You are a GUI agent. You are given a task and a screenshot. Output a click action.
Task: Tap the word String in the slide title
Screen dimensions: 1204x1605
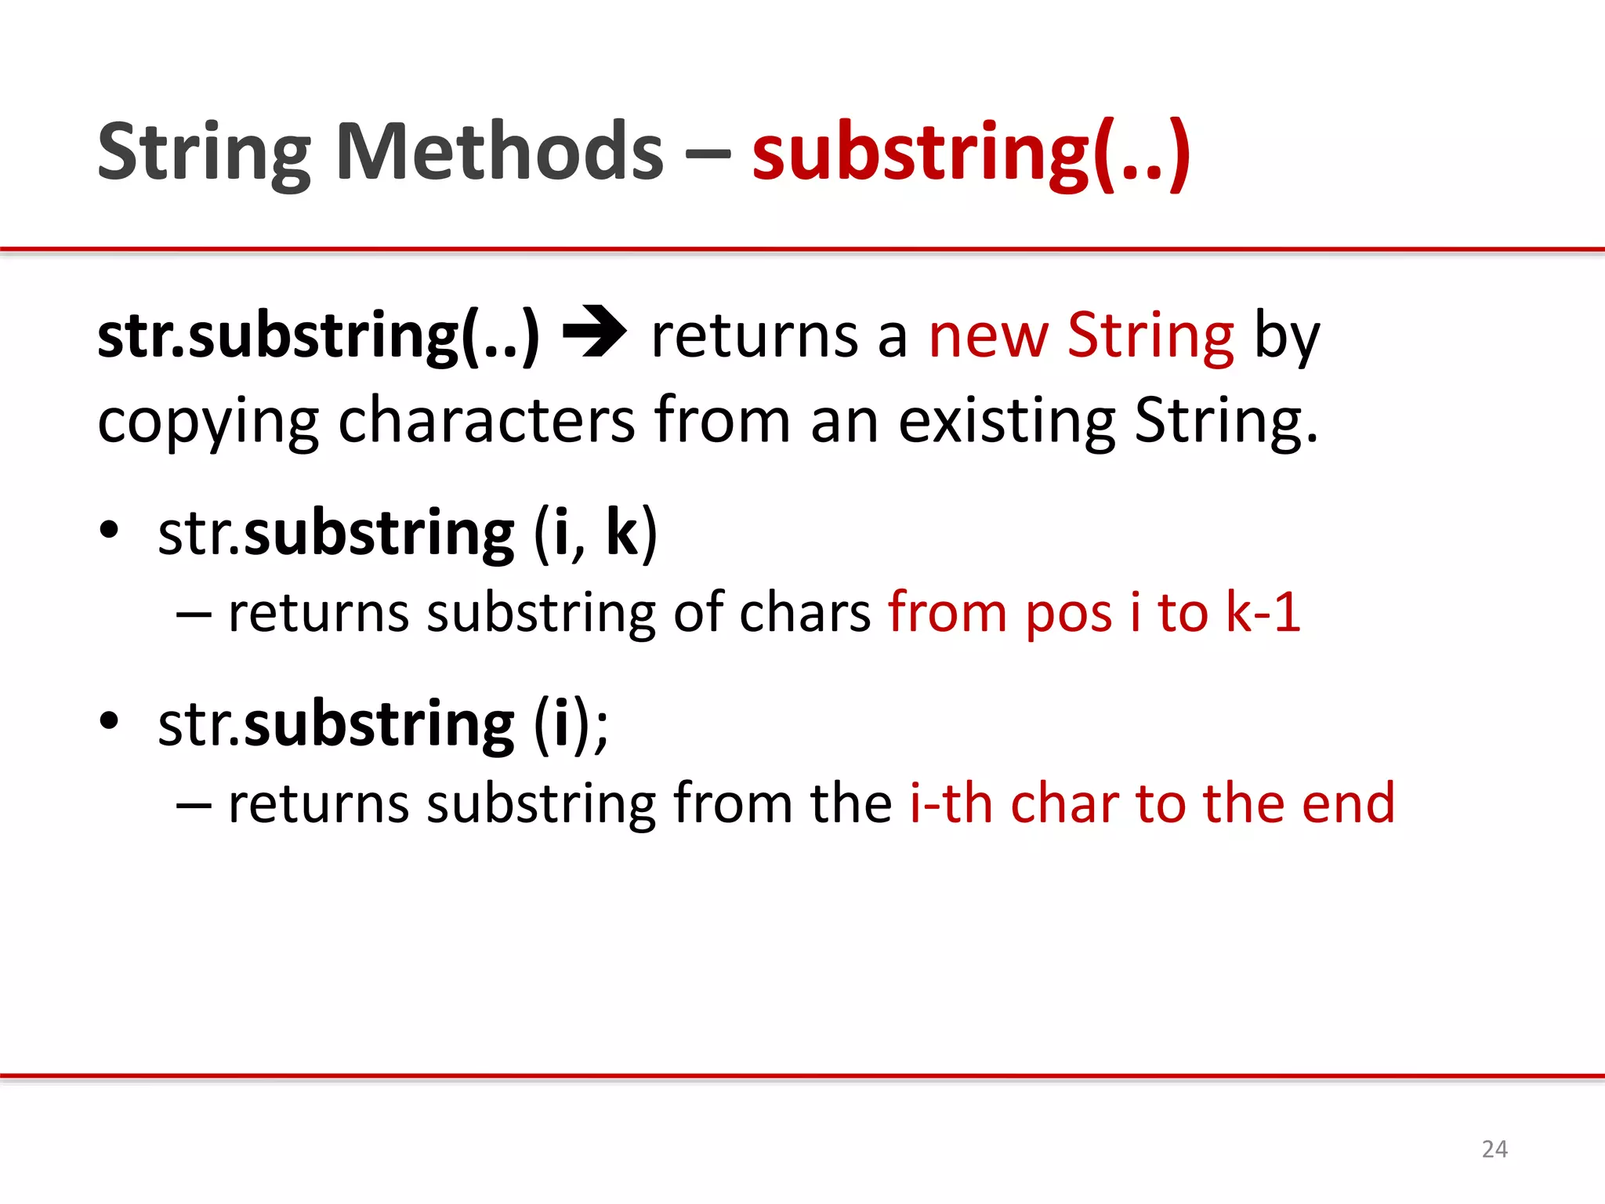click(204, 153)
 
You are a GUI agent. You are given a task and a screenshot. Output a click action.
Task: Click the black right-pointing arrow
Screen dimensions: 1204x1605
click(595, 333)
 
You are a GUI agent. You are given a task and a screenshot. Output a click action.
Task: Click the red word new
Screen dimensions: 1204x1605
click(988, 337)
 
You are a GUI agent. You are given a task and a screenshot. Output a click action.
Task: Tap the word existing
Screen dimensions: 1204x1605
click(1006, 422)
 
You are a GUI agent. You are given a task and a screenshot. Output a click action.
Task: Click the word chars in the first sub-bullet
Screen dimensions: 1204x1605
click(805, 612)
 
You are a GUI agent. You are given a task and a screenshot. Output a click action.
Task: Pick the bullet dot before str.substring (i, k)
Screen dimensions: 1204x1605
click(109, 531)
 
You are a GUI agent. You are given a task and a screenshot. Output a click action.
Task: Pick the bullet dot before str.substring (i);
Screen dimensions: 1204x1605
click(109, 720)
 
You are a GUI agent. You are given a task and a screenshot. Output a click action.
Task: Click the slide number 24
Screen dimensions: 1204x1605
click(1494, 1149)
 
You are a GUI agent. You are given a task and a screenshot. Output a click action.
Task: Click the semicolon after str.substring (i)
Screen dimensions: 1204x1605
click(601, 729)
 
